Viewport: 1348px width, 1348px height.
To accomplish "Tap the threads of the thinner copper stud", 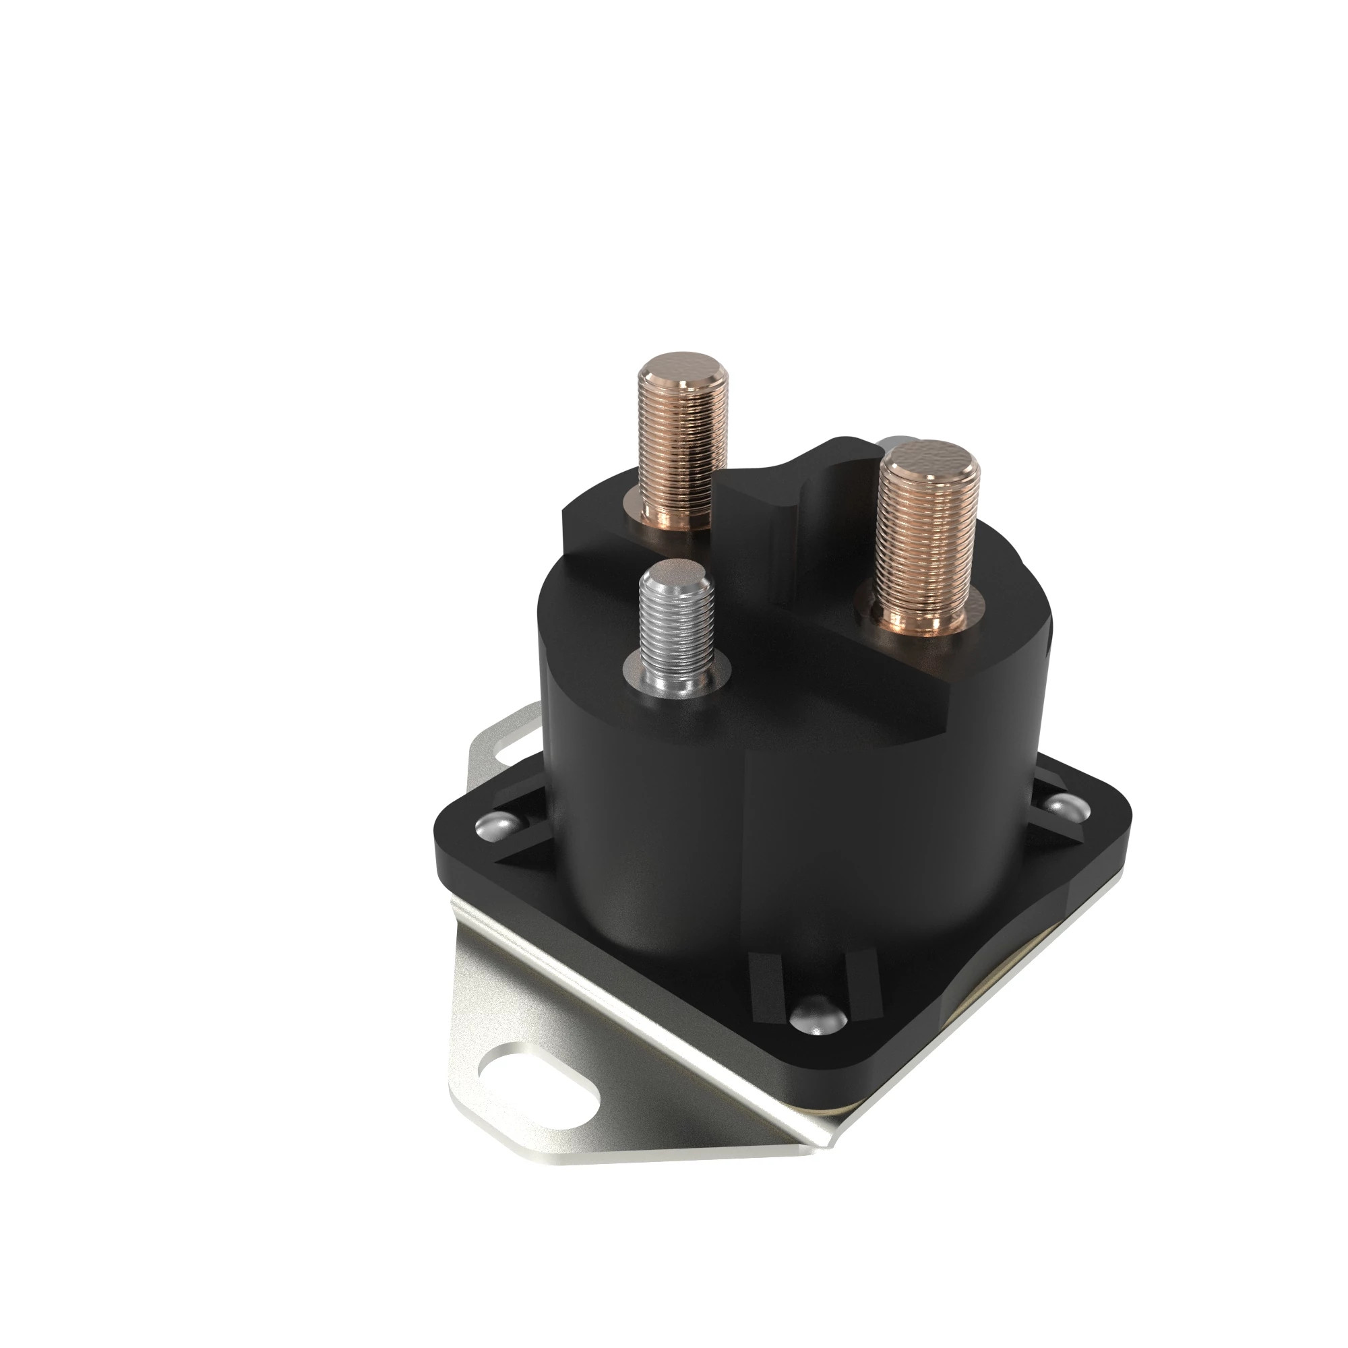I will tap(682, 447).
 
